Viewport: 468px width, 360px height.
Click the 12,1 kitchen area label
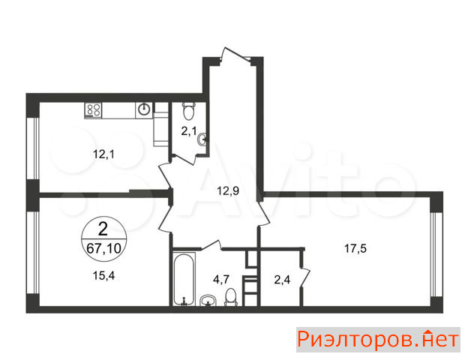pyautogui.click(x=103, y=154)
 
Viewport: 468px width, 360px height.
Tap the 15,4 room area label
pyautogui.click(x=103, y=276)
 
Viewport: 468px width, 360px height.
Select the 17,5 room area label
pyautogui.click(x=355, y=248)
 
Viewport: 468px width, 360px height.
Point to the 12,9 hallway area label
pyautogui.click(x=228, y=190)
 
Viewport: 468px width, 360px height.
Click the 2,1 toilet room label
pyautogui.click(x=189, y=130)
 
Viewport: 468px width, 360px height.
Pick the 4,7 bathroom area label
pyautogui.click(x=221, y=280)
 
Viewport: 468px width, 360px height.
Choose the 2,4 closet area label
pyautogui.click(x=282, y=280)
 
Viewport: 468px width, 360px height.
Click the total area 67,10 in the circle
pyautogui.click(x=103, y=248)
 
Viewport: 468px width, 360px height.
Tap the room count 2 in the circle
pyautogui.click(x=103, y=229)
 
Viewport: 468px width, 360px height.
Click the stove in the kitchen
pyautogui.click(x=93, y=110)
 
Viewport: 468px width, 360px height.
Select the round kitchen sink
pyautogui.click(x=144, y=109)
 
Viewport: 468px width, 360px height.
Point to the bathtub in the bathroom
pyautogui.click(x=184, y=279)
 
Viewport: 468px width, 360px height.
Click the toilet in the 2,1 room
pyautogui.click(x=189, y=111)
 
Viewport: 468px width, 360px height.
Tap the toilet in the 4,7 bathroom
pyautogui.click(x=231, y=297)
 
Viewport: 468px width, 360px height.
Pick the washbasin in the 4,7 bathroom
pyautogui.click(x=208, y=301)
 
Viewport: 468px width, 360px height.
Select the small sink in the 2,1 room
pyautogui.click(x=202, y=139)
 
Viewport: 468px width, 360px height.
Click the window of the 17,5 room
pyautogui.click(x=436, y=254)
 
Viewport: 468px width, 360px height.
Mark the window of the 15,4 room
pyautogui.click(x=33, y=253)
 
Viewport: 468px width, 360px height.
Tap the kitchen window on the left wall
pyautogui.click(x=33, y=148)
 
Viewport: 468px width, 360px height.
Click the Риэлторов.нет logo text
pyautogui.click(x=378, y=340)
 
